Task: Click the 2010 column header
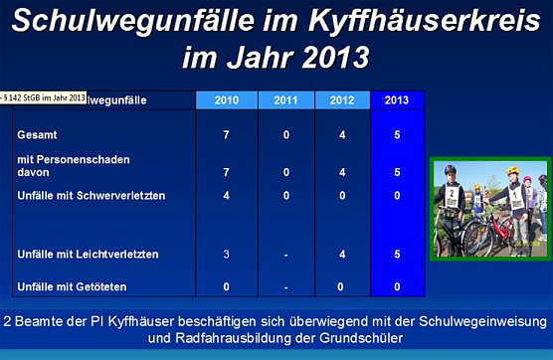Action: pyautogui.click(x=226, y=99)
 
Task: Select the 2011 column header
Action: pyautogui.click(x=285, y=99)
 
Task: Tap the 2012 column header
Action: pyautogui.click(x=342, y=99)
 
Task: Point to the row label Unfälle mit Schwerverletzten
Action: pyautogui.click(x=92, y=195)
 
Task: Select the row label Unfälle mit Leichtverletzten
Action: pyautogui.click(x=88, y=256)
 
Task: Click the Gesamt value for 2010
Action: pyautogui.click(x=226, y=133)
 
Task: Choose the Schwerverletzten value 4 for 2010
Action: pyautogui.click(x=226, y=195)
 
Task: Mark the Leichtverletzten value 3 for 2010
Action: pyautogui.click(x=226, y=256)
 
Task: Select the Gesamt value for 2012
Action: pyautogui.click(x=342, y=133)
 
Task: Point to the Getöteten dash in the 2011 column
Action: pyautogui.click(x=285, y=287)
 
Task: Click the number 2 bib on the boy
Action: pyautogui.click(x=452, y=195)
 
